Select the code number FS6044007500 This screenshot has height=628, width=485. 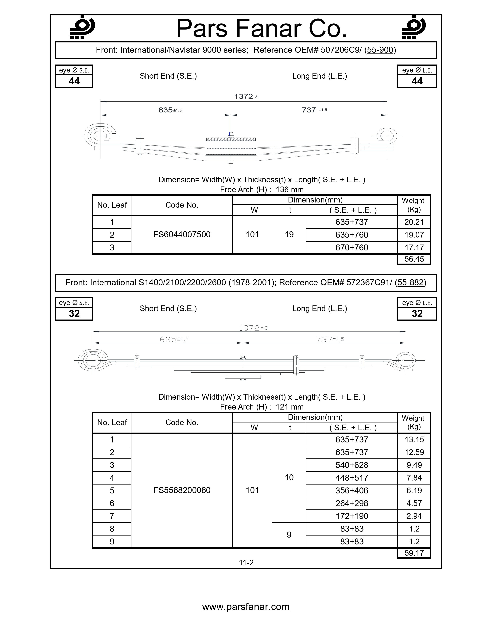coord(182,235)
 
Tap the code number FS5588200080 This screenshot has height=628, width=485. coord(182,490)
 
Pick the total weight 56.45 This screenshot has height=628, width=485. coord(414,259)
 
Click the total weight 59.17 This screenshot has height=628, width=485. coord(414,553)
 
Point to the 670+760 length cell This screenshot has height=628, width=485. coord(352,248)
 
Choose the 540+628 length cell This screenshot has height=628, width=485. coord(352,465)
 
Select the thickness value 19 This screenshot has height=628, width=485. coord(289,235)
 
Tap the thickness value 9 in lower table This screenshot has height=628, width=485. coord(289,535)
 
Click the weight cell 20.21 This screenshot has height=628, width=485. coord(414,222)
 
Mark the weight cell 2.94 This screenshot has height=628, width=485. coord(414,516)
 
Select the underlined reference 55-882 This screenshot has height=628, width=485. coord(411,282)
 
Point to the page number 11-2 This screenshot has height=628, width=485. coord(246,563)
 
